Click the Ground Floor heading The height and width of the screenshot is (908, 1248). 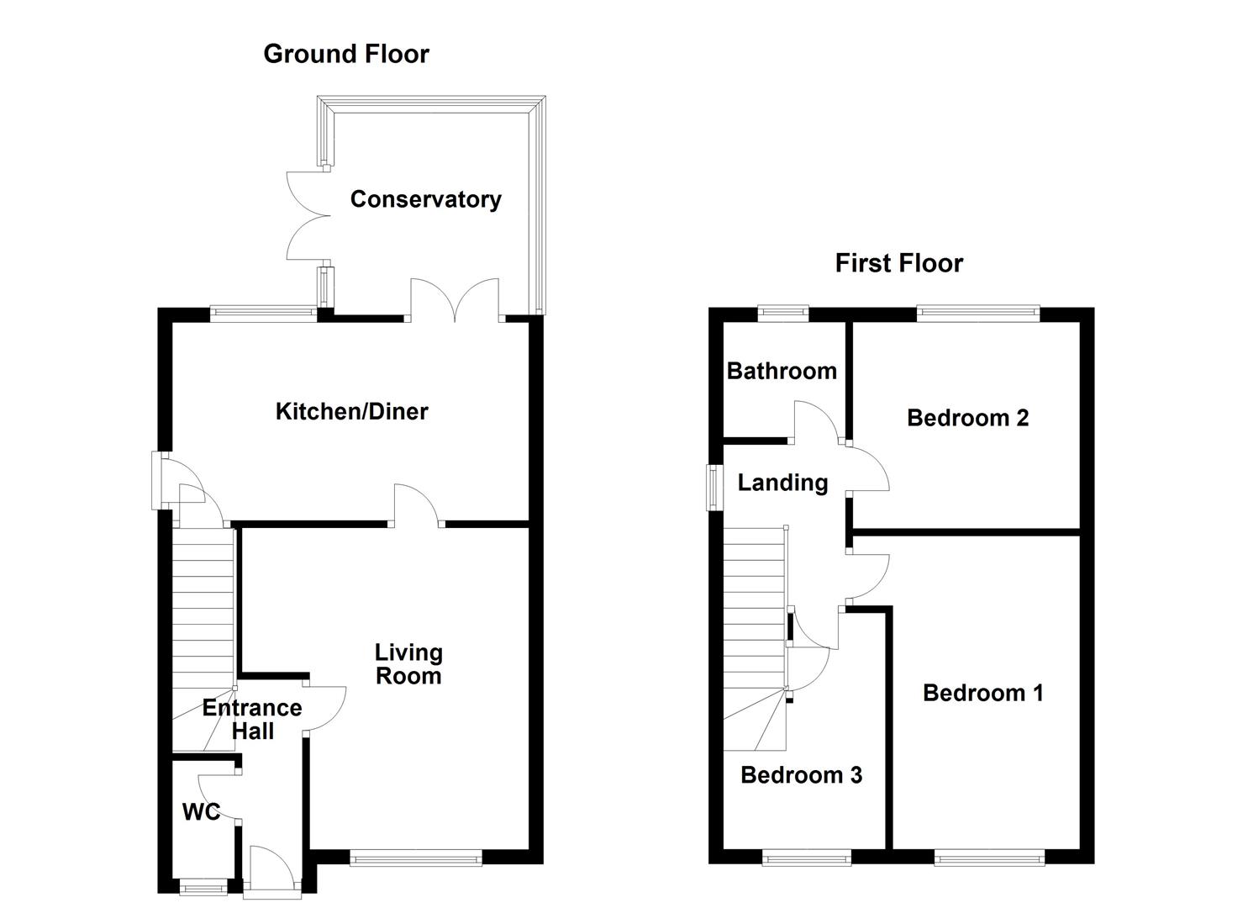(x=346, y=54)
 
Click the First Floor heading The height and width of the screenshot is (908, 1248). (x=898, y=263)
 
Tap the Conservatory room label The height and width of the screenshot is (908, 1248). (x=425, y=199)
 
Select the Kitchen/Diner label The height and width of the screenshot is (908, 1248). (x=351, y=411)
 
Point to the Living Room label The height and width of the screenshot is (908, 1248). (x=408, y=664)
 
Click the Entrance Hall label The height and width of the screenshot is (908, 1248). (x=252, y=720)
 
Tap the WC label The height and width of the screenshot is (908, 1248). (x=201, y=811)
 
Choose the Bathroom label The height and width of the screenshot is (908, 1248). (x=782, y=371)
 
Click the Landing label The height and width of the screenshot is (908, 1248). (x=782, y=483)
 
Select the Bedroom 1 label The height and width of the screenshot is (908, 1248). (x=982, y=693)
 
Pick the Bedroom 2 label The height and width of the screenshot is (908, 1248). (x=967, y=418)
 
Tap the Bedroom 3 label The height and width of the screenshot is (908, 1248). (x=801, y=775)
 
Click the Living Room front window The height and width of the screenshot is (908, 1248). (x=416, y=858)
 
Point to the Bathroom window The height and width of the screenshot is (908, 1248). (x=783, y=314)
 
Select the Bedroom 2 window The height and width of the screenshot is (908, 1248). (x=977, y=314)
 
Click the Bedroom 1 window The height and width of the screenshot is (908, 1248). (x=989, y=858)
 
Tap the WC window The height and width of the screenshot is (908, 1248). (x=204, y=886)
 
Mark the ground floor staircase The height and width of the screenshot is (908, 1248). (x=203, y=622)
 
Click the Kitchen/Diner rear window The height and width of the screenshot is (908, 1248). (x=263, y=314)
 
